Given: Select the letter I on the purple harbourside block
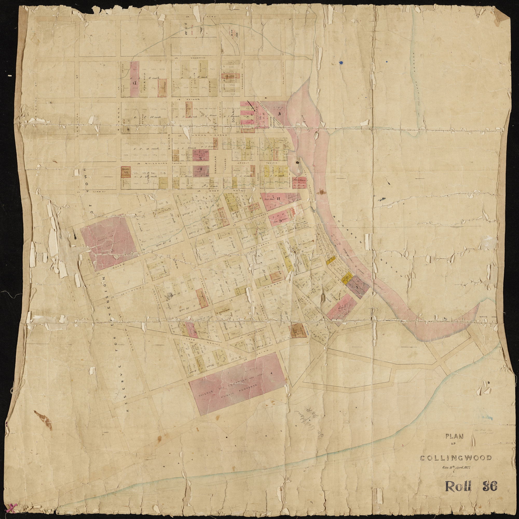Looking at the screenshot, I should (356, 287).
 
